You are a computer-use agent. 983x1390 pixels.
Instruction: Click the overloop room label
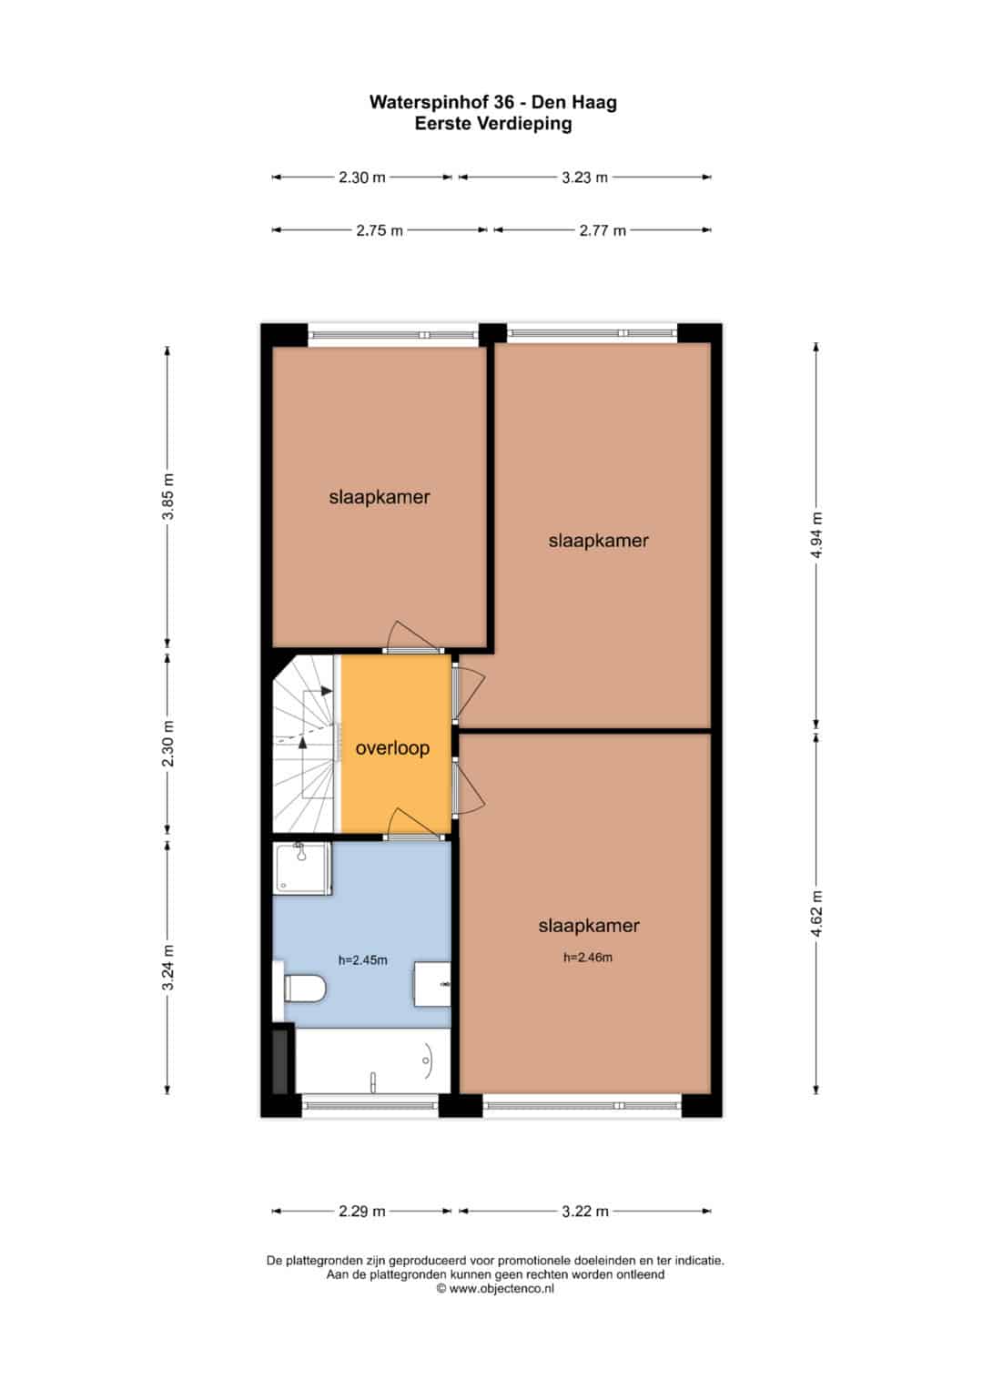click(x=392, y=747)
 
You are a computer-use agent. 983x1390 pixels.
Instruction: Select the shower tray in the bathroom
click(x=302, y=868)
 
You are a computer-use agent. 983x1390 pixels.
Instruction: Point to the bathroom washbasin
click(x=432, y=983)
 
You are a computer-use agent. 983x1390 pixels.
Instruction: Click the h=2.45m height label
click(x=362, y=960)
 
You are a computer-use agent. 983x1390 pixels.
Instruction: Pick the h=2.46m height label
click(x=588, y=957)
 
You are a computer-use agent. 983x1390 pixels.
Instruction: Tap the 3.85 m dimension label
click(x=168, y=496)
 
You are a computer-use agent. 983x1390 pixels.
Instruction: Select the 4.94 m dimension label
click(x=816, y=535)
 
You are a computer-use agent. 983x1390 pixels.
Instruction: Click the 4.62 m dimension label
click(x=816, y=913)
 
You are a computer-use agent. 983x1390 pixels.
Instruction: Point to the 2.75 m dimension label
click(x=380, y=231)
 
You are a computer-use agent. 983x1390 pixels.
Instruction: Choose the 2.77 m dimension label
click(x=603, y=231)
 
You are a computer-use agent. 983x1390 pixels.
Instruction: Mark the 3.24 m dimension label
click(x=168, y=967)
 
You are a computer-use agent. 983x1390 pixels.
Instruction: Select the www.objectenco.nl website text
click(x=502, y=1288)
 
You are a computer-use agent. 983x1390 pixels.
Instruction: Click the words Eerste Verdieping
click(x=493, y=124)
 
